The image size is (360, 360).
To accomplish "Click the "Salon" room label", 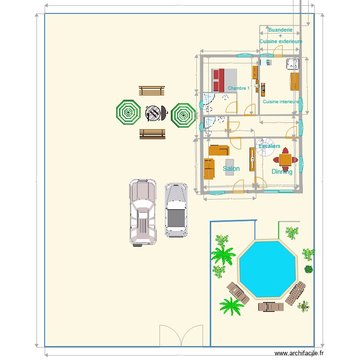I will (231, 168).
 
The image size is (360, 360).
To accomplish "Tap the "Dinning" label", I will (282, 171).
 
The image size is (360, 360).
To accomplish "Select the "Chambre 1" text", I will (239, 88).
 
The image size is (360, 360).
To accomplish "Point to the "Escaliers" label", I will (269, 146).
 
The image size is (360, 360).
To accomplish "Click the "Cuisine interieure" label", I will (281, 102).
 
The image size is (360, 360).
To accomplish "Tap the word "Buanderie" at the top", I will (280, 30).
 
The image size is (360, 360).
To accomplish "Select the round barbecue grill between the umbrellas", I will (153, 114).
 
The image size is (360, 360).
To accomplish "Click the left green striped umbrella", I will (128, 113).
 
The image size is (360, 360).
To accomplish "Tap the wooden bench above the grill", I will (152, 91).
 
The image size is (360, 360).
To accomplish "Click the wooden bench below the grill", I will (152, 134).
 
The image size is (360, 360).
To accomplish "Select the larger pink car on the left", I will (143, 212).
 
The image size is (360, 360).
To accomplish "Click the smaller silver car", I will (176, 210).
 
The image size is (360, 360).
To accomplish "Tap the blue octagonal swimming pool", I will (267, 269).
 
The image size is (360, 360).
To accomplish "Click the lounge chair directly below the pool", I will (271, 306).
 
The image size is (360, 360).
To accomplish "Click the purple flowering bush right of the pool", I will (308, 269).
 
